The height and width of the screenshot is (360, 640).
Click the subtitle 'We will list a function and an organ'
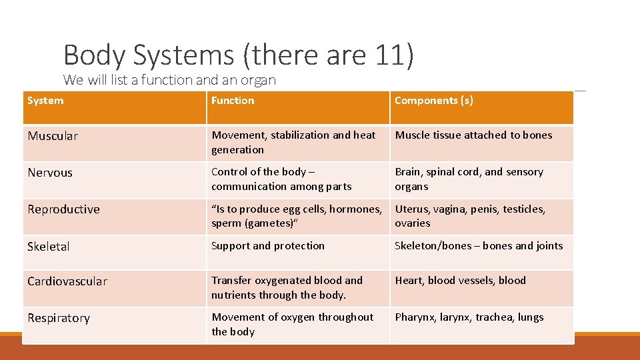click(x=169, y=80)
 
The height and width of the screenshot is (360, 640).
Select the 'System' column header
click(x=45, y=101)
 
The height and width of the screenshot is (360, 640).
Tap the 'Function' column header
click(x=233, y=101)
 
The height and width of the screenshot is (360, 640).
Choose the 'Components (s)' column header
click(x=434, y=101)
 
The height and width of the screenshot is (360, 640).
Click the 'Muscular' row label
click(x=53, y=136)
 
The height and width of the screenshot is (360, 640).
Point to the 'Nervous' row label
click(x=50, y=173)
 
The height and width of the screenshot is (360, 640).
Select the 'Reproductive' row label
click(x=63, y=209)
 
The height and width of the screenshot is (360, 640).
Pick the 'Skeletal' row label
click(x=49, y=247)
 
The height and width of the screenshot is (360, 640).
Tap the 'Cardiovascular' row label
click(x=67, y=281)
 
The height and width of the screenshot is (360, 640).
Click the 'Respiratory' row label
click(x=59, y=318)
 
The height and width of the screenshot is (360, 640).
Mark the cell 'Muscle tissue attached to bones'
click(x=473, y=135)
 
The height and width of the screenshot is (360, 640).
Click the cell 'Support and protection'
click(x=268, y=246)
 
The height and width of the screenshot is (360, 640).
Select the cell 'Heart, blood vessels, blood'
click(x=460, y=281)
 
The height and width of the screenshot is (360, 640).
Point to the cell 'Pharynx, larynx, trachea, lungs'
click(x=469, y=317)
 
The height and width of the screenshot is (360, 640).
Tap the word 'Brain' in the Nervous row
click(x=408, y=172)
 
